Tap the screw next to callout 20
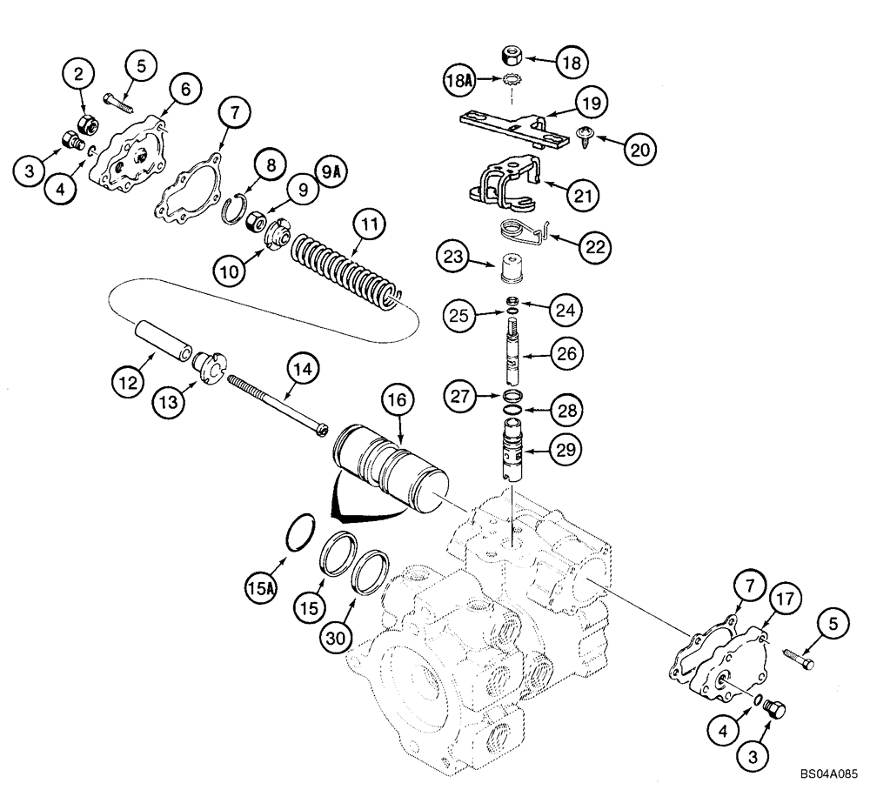[585, 132]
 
